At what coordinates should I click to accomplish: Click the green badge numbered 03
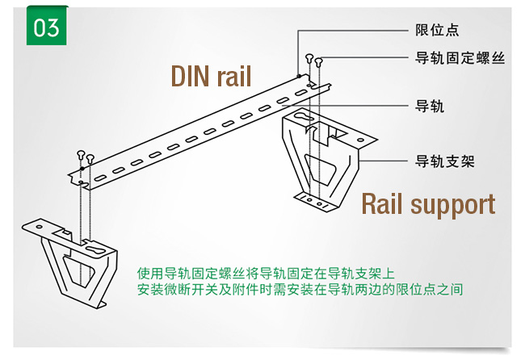[x=47, y=27]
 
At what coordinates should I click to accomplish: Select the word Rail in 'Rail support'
[x=385, y=203]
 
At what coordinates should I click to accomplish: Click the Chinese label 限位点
[x=436, y=31]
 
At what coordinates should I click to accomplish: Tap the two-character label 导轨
[x=429, y=107]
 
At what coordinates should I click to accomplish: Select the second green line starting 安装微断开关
[x=300, y=288]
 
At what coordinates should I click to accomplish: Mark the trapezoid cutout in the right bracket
[x=322, y=170]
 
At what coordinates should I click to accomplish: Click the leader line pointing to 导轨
[x=372, y=107]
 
